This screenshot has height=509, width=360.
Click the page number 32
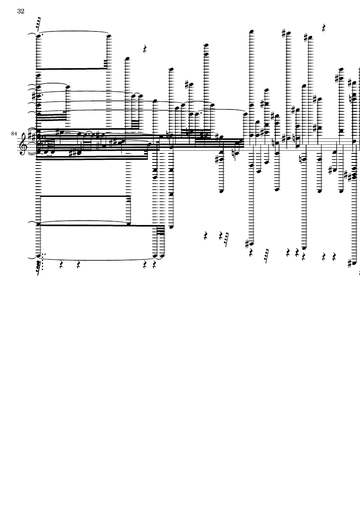pyautogui.click(x=21, y=11)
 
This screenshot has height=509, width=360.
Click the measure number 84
pyautogui.click(x=14, y=134)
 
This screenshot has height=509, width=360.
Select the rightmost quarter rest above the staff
pyautogui.click(x=324, y=28)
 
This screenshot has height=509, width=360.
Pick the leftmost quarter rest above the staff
pyautogui.click(x=145, y=49)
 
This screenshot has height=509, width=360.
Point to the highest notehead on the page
pyautogui.click(x=251, y=32)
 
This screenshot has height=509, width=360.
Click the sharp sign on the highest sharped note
pyautogui.click(x=284, y=33)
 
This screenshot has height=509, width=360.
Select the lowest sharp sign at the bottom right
pyautogui.click(x=350, y=263)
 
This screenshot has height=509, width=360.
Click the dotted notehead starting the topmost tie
pyautogui.click(x=39, y=36)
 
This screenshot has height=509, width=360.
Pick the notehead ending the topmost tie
pyautogui.click(x=109, y=36)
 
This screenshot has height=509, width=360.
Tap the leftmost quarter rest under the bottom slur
pyautogui.click(x=61, y=265)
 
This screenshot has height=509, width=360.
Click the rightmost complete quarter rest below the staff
pyautogui.click(x=334, y=257)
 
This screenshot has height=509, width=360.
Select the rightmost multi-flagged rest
pyautogui.click(x=266, y=256)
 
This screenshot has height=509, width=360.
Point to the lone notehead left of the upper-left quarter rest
pyautogui.click(x=127, y=59)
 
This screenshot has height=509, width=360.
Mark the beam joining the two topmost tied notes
pyautogui.click(x=72, y=69)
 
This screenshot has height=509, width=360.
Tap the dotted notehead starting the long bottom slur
pyautogui.click(x=39, y=256)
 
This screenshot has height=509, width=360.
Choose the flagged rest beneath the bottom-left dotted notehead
pyautogui.click(x=39, y=267)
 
